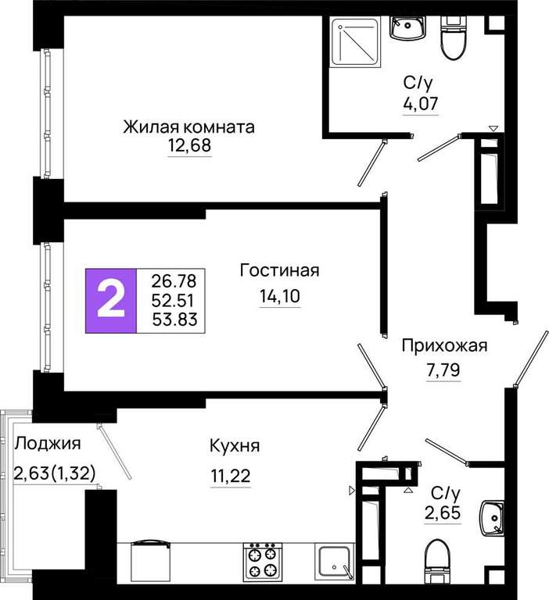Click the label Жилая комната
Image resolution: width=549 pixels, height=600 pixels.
[188, 127]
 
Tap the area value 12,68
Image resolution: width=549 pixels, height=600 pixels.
[189, 146]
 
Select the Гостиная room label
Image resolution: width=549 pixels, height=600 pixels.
[279, 270]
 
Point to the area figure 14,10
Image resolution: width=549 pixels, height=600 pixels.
[280, 296]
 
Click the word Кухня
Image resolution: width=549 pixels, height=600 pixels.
[235, 446]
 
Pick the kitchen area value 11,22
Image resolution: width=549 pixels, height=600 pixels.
[231, 476]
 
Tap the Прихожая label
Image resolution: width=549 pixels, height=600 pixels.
[444, 346]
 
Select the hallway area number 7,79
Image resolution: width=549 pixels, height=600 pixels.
[443, 370]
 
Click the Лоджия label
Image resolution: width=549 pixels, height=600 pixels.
[48, 444]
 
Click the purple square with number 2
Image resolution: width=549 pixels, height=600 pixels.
[111, 301]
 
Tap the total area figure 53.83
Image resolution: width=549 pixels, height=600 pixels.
[174, 320]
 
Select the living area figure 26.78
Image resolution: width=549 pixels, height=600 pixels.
[174, 281]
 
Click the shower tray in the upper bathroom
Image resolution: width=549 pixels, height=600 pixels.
[356, 41]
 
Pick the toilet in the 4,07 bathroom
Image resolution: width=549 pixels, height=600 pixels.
[454, 37]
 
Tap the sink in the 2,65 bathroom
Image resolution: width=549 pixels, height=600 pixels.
[492, 518]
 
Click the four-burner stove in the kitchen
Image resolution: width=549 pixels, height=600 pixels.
[263, 561]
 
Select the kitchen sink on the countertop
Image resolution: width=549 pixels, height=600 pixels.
[335, 561]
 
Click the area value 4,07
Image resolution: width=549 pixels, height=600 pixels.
[420, 103]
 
